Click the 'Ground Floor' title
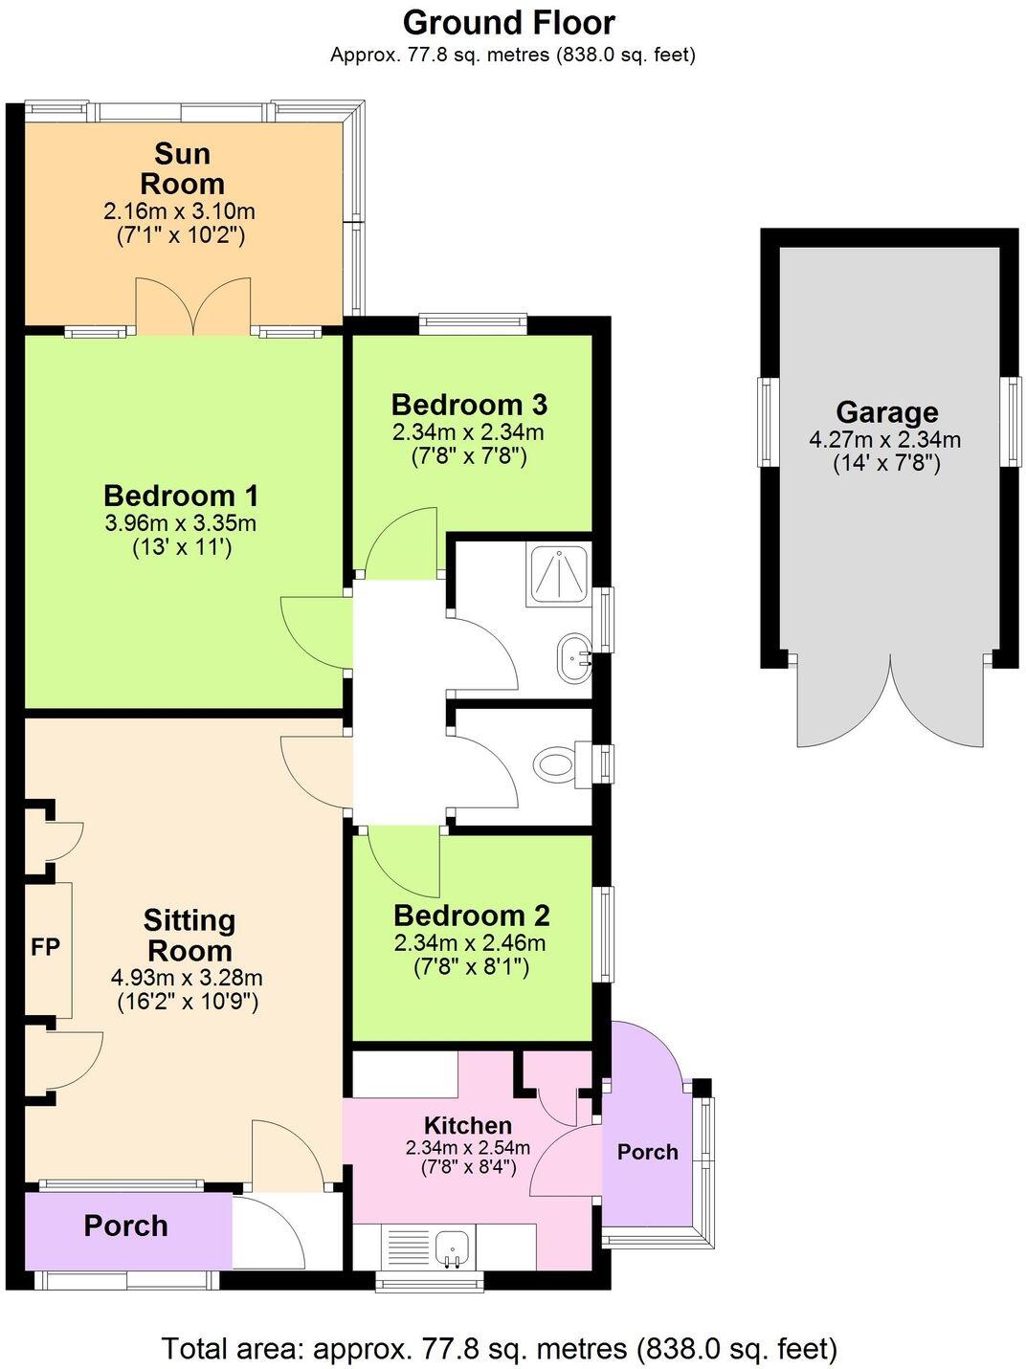(x=509, y=22)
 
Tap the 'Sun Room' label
(x=182, y=168)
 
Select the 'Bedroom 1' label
(x=181, y=496)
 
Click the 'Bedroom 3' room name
(x=469, y=404)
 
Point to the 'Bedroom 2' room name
(x=471, y=916)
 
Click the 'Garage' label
(x=886, y=412)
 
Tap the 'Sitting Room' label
(x=189, y=935)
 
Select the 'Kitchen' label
(x=468, y=1125)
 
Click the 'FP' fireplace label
(x=46, y=947)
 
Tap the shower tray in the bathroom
(x=559, y=575)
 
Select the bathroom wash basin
(x=574, y=657)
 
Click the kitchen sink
(x=449, y=1248)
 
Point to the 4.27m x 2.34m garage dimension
(x=885, y=440)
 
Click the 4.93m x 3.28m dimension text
(x=188, y=978)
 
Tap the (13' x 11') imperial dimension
(x=182, y=547)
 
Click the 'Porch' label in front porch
(x=125, y=1225)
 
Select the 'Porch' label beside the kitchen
(x=647, y=1152)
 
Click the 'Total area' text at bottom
(x=499, y=1349)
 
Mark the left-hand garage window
(x=767, y=422)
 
